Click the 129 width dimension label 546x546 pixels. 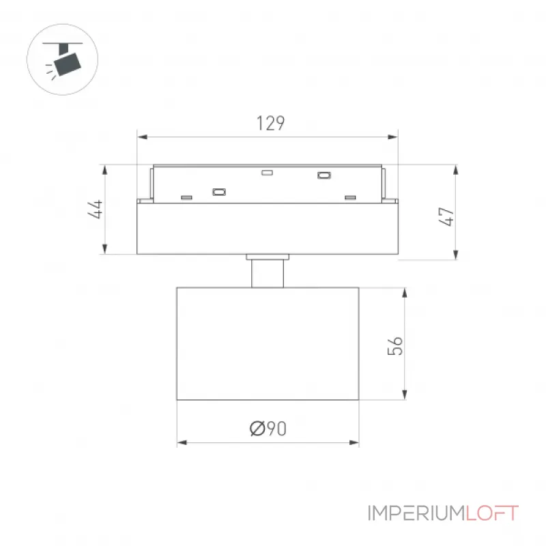pos(270,124)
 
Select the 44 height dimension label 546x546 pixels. pos(95,209)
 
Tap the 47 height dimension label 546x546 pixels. pos(446,216)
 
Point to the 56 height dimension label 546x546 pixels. pos(395,346)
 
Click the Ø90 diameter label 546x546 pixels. pos(268,429)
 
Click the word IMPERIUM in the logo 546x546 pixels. pos(416,513)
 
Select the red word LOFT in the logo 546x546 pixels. pos(492,513)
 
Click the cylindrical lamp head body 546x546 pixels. pos(268,343)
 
